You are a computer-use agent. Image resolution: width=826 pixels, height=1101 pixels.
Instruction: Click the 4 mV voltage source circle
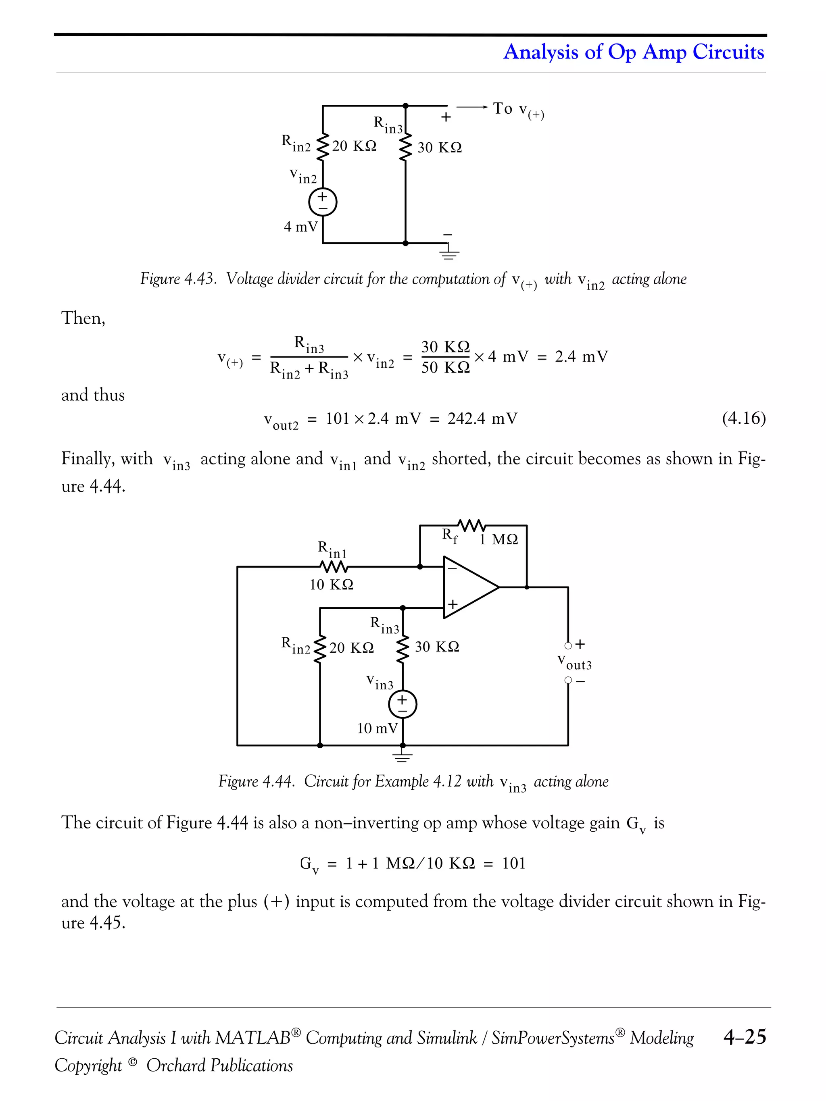[x=323, y=202]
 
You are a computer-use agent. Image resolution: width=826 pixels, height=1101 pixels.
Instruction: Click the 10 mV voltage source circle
[x=402, y=704]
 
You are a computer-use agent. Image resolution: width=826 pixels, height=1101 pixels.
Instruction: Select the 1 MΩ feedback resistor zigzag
[x=471, y=525]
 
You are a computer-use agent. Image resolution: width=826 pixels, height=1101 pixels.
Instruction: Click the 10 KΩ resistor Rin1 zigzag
[x=334, y=566]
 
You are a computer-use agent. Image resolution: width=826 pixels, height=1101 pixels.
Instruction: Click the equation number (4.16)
[x=743, y=418]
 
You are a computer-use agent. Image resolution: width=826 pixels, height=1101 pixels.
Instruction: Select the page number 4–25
[x=745, y=1037]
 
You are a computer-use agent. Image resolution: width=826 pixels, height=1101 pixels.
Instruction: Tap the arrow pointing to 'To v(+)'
[x=472, y=106]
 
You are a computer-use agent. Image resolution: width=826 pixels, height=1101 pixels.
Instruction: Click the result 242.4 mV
[x=482, y=418]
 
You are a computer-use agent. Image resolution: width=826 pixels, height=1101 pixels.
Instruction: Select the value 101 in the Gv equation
[x=513, y=863]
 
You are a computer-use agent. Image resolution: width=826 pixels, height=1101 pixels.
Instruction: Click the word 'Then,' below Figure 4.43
[x=83, y=318]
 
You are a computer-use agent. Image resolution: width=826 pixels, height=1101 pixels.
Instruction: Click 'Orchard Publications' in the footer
[x=219, y=1065]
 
